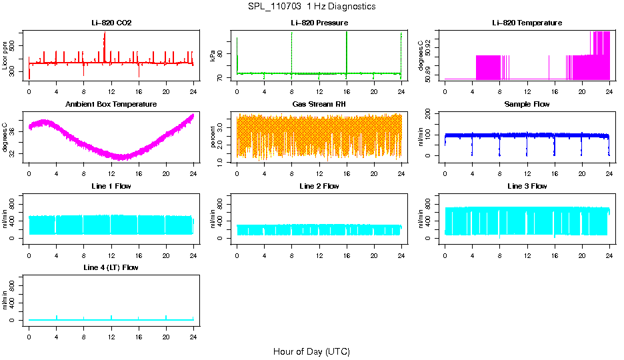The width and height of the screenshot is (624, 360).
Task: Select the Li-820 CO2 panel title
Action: point(111,23)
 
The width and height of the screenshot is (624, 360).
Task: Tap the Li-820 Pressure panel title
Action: point(319,23)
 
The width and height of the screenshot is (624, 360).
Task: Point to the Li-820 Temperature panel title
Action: point(527,23)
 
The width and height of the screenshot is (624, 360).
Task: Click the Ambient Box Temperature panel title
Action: point(111,105)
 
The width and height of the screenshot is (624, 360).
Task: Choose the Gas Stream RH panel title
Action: point(319,105)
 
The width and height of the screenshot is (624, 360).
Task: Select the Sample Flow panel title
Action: point(527,105)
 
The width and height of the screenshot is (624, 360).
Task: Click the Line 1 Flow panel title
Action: point(111,186)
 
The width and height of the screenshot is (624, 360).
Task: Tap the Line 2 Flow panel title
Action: point(319,186)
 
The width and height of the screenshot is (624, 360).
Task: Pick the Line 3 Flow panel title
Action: point(527,186)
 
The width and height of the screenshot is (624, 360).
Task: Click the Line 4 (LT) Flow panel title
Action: point(111,267)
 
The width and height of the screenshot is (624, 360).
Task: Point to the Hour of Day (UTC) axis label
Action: point(311,351)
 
